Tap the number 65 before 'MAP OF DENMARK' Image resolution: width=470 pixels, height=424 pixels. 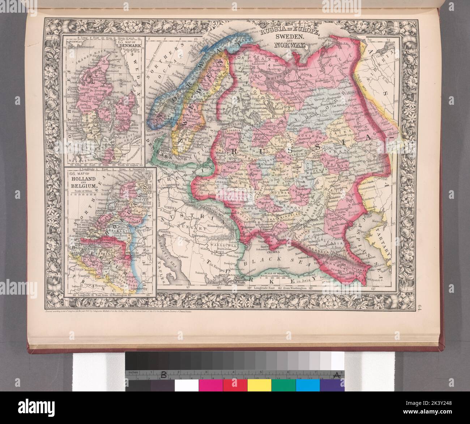(x=121, y=41)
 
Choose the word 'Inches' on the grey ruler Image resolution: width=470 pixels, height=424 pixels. (x=132, y=372)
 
